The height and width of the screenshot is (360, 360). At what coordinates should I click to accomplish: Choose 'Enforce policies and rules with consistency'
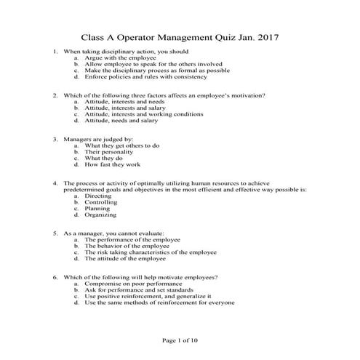pyautogui.click(x=145, y=76)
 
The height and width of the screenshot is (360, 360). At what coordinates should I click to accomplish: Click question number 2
pyautogui.click(x=56, y=95)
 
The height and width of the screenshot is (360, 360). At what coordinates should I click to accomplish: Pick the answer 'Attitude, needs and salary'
pyautogui.click(x=121, y=120)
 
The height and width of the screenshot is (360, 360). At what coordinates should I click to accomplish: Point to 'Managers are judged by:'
pyautogui.click(x=98, y=139)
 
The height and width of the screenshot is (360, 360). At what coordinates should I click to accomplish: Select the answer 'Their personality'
pyautogui.click(x=110, y=151)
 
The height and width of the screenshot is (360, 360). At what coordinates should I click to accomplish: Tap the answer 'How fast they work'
pyautogui.click(x=113, y=164)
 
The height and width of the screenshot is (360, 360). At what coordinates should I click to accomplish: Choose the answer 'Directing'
pyautogui.click(x=98, y=196)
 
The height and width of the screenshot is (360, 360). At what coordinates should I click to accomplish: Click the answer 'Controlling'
pyautogui.click(x=103, y=202)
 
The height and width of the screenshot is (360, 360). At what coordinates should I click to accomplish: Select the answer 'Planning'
pyautogui.click(x=97, y=209)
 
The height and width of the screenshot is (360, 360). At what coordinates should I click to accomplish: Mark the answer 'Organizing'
pyautogui.click(x=100, y=215)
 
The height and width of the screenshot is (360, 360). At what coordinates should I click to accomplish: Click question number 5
pyautogui.click(x=56, y=233)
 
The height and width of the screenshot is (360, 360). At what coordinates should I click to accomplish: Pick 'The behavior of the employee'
pyautogui.click(x=127, y=246)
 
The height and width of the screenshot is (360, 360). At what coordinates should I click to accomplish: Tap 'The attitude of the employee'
pyautogui.click(x=125, y=258)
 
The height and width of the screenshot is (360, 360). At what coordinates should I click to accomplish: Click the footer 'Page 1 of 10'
pyautogui.click(x=180, y=340)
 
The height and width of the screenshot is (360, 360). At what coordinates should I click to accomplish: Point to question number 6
pyautogui.click(x=56, y=278)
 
